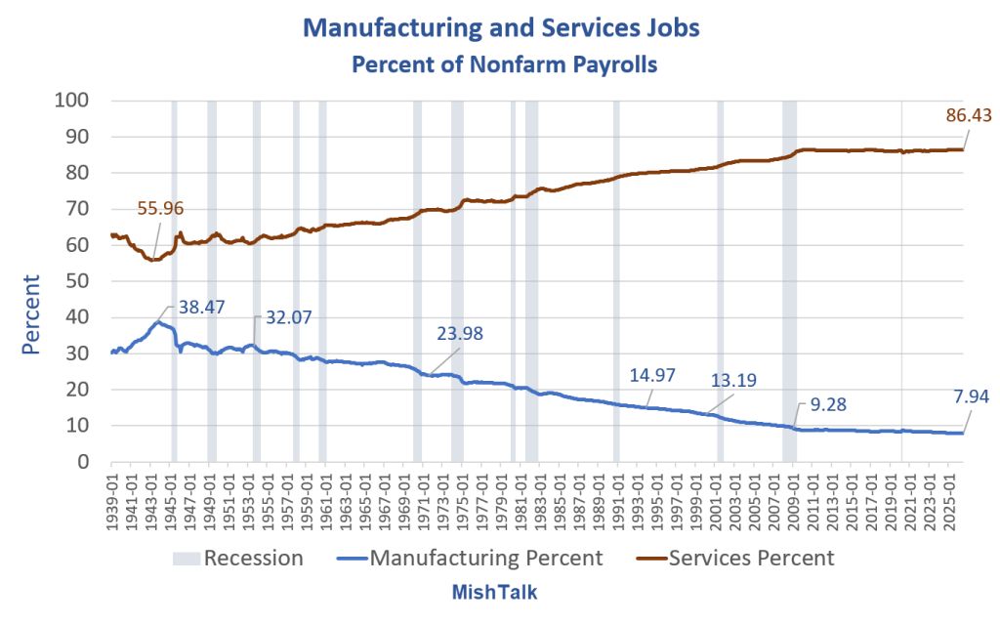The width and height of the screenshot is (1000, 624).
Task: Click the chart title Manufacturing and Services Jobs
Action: point(501,27)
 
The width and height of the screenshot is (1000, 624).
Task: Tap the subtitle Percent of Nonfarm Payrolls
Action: point(505,64)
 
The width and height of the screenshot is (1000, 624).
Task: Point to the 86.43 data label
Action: point(969,115)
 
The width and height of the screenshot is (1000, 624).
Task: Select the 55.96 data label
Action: point(160,208)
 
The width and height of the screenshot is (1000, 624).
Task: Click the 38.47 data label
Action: point(201,307)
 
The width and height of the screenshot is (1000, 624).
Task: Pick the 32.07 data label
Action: point(289,317)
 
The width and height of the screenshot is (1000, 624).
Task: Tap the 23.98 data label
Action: point(460,333)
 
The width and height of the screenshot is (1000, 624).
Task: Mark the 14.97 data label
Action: point(652,375)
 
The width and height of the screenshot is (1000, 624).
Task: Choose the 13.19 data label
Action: point(734,380)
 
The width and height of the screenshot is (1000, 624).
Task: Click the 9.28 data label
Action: point(828,404)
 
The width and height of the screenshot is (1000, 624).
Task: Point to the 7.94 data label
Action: point(971,396)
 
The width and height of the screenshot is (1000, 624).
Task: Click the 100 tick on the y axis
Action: point(71,101)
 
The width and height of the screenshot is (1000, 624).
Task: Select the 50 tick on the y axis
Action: point(77,280)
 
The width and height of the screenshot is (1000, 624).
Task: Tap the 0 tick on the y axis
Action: point(83,461)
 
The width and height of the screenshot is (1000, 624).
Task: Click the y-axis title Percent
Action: point(30,314)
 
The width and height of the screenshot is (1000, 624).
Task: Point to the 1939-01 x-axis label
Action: point(111,498)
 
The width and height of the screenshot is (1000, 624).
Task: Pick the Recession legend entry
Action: point(238,559)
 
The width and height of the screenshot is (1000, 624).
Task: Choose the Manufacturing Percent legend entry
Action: point(470,559)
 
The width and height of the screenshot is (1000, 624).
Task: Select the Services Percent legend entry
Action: point(735,559)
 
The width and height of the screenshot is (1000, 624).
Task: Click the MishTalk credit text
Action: point(494,592)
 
